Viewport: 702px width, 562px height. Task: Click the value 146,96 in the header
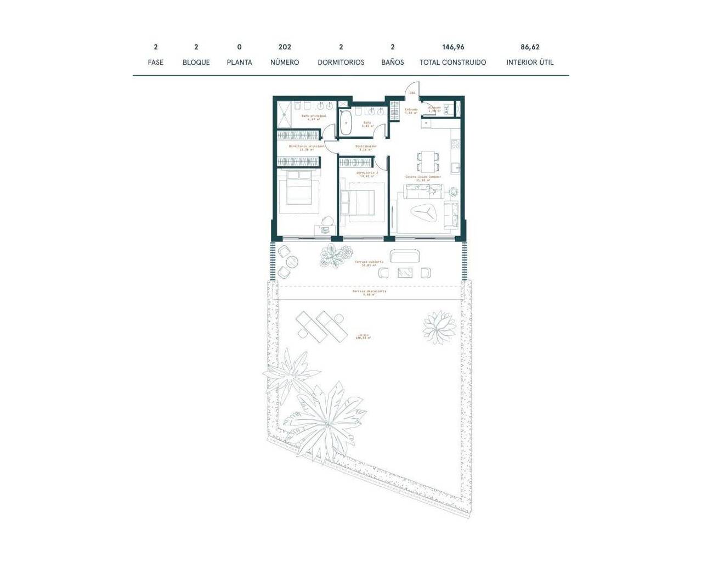tap(453, 47)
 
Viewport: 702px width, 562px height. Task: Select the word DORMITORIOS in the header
tap(341, 63)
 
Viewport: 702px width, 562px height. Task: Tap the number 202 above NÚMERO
tap(285, 47)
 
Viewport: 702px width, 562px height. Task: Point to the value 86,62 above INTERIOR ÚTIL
tap(530, 47)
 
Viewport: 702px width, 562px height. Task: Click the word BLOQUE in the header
tap(196, 63)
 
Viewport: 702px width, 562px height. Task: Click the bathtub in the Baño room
tap(346, 123)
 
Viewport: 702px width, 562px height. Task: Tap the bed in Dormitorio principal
tap(299, 192)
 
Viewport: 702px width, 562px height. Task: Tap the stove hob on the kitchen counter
tap(455, 144)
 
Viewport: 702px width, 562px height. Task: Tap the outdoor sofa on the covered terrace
tap(405, 256)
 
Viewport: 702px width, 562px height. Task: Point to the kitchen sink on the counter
tap(454, 166)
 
